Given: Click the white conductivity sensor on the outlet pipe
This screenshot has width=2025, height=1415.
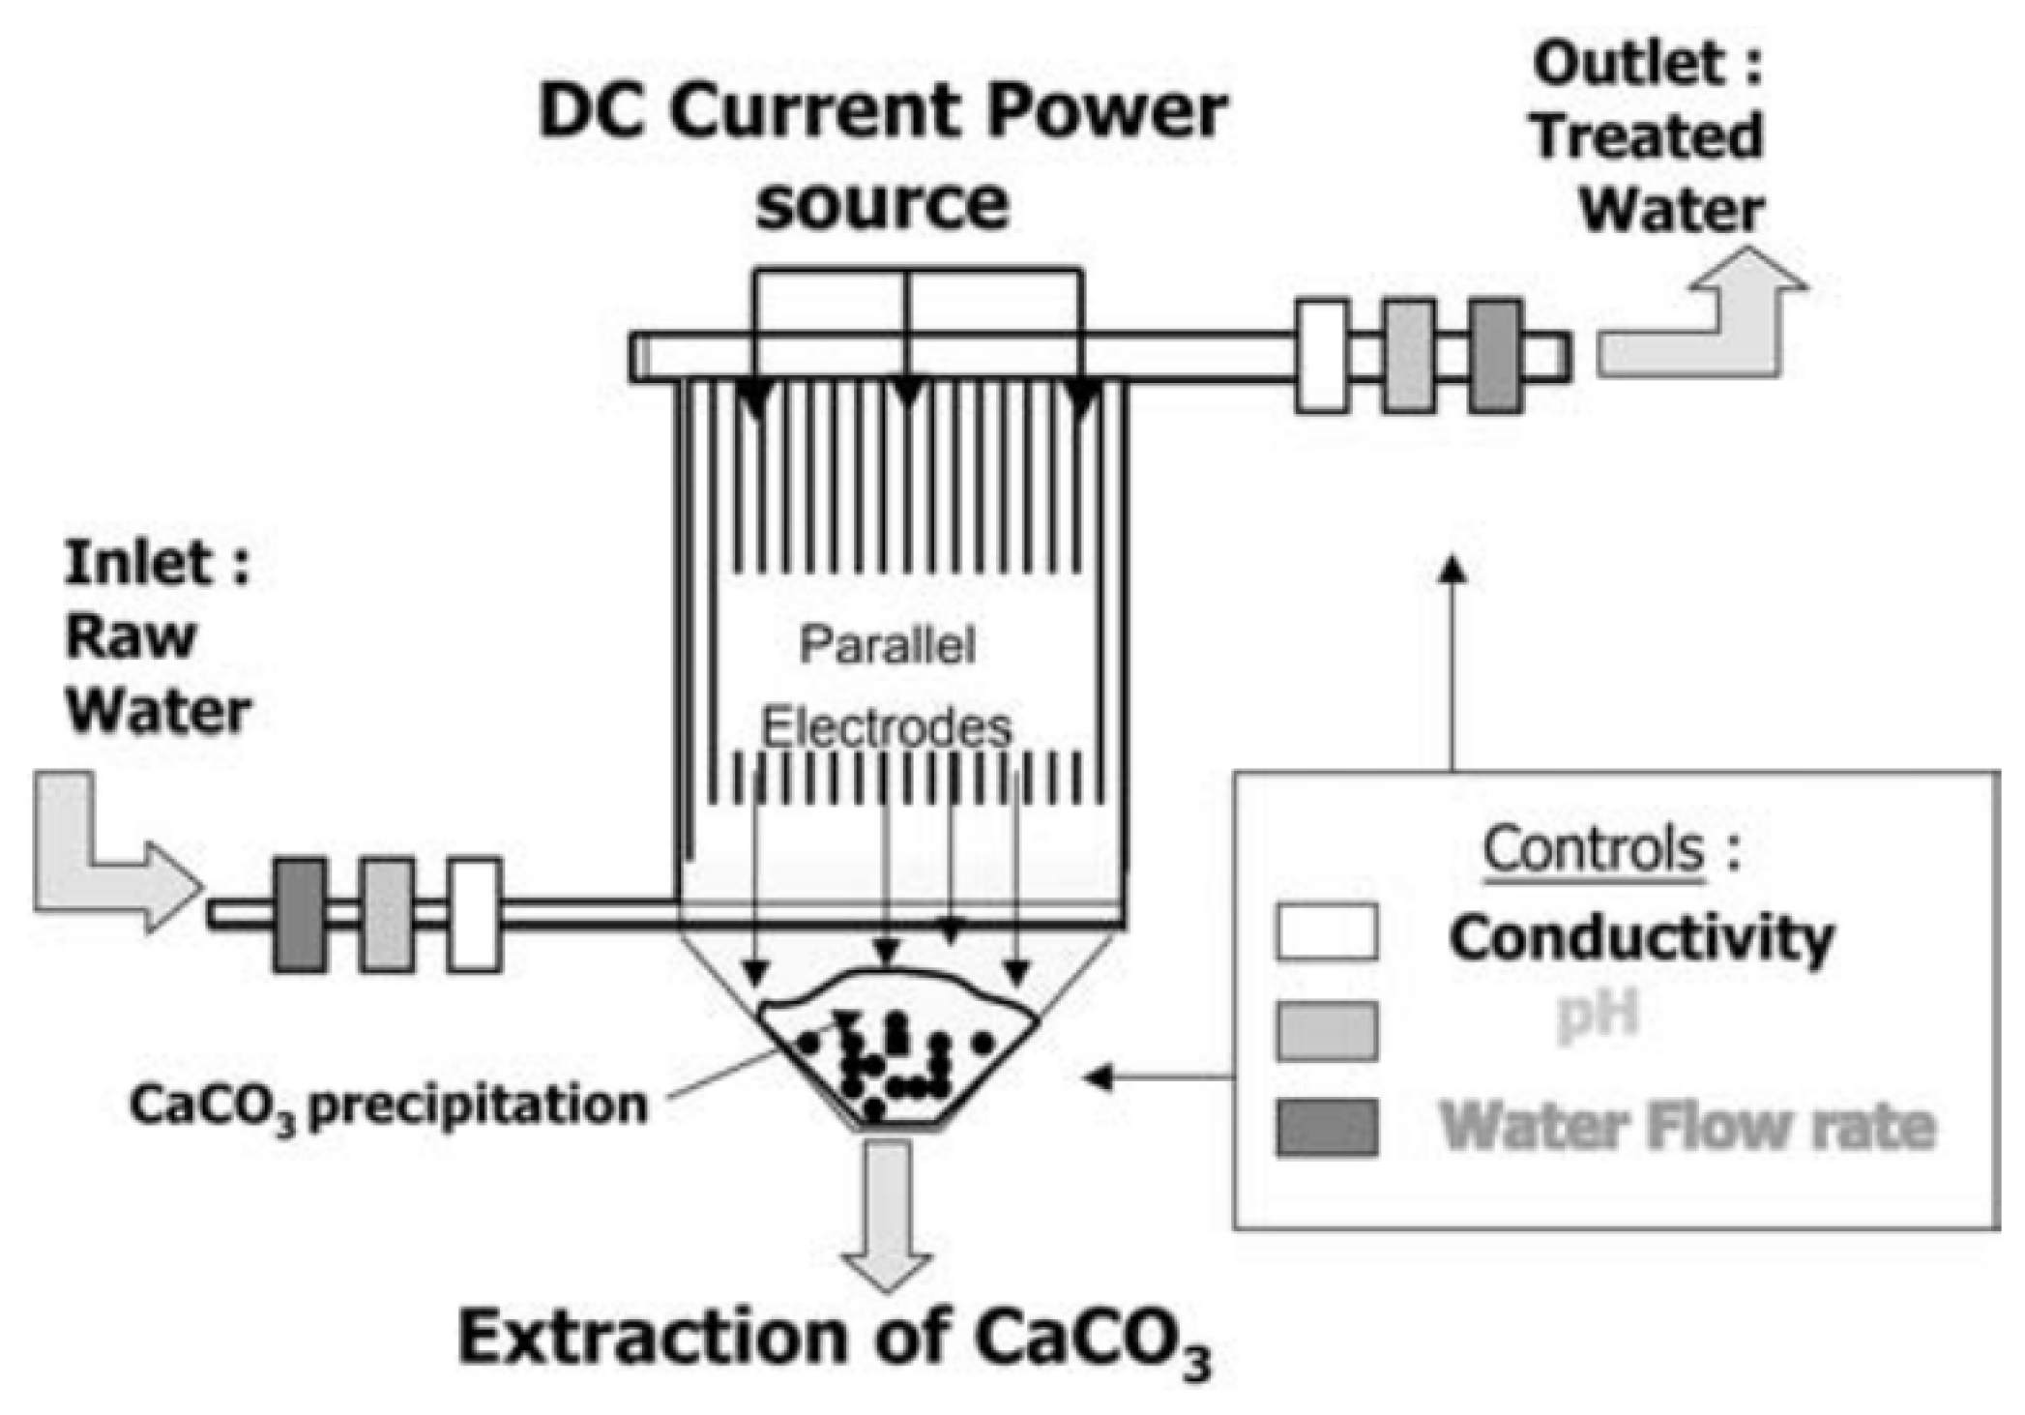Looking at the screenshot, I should pyautogui.click(x=1322, y=357).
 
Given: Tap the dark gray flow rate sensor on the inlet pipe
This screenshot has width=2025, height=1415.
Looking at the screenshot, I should pyautogui.click(x=301, y=914).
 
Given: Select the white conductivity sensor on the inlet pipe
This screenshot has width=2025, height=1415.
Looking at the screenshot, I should pyautogui.click(x=475, y=914).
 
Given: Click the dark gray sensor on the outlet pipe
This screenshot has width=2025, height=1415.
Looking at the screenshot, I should pyautogui.click(x=1495, y=357).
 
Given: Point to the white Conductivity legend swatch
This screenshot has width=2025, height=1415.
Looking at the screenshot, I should pyautogui.click(x=1327, y=932).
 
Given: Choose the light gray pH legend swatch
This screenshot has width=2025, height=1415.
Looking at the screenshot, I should pyautogui.click(x=1327, y=1030).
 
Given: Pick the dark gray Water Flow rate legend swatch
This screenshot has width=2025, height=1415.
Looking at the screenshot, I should pyautogui.click(x=1327, y=1127).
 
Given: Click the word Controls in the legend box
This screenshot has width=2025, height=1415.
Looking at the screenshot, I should pyautogui.click(x=1594, y=849).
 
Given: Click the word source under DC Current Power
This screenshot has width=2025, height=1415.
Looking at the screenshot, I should pyautogui.click(x=882, y=203).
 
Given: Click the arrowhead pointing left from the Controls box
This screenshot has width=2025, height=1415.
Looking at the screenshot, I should pyautogui.click(x=1099, y=1076).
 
